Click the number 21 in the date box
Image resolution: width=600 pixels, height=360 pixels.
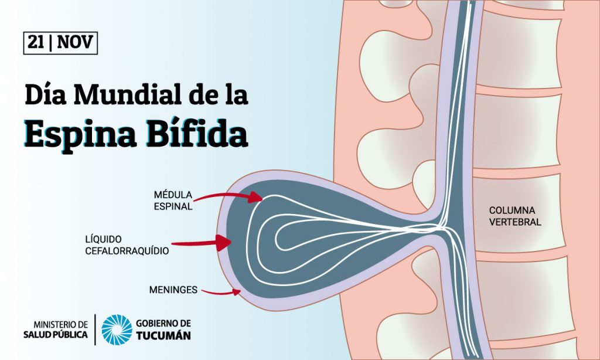click(36, 42)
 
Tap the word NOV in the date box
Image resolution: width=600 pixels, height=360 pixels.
click(75, 42)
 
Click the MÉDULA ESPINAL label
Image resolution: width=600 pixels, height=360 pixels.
click(173, 201)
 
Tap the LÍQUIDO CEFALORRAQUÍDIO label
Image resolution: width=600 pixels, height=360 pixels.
click(127, 245)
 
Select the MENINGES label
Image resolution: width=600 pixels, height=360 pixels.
click(173, 290)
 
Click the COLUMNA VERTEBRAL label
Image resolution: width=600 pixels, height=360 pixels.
click(515, 216)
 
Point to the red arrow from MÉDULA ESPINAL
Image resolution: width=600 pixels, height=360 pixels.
click(229, 196)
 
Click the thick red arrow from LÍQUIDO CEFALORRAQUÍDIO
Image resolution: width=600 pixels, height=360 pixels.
click(202, 243)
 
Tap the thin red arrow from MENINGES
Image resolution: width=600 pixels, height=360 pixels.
click(221, 293)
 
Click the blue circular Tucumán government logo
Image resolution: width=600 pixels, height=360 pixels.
click(117, 330)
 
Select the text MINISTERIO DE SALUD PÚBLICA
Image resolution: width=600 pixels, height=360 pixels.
click(56, 330)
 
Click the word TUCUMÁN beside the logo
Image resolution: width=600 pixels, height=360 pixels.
click(163, 335)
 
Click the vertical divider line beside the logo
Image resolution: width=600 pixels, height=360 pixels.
click(95, 330)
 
